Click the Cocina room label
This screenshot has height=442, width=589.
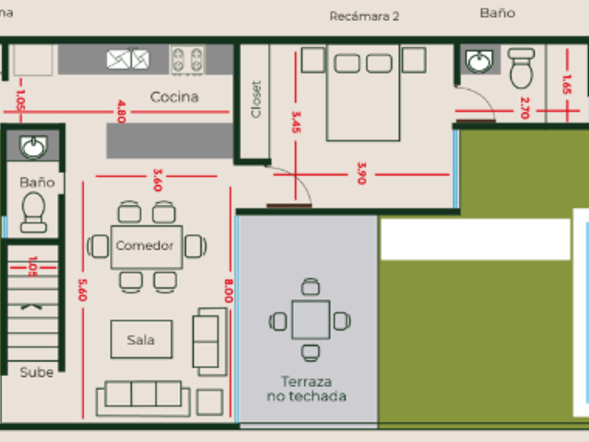[x=175, y=97]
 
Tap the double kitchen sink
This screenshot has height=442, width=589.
[x=128, y=59]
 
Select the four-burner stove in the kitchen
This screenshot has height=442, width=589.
[x=187, y=60]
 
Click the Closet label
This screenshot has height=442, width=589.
[x=256, y=99]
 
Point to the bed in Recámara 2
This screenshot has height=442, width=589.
[x=363, y=91]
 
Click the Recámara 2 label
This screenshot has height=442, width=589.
[x=364, y=16]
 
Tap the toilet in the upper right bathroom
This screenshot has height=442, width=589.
[x=521, y=67]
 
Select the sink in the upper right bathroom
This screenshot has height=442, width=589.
[x=480, y=62]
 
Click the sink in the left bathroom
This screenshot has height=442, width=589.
[x=33, y=147]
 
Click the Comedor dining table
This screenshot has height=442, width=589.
[x=146, y=246]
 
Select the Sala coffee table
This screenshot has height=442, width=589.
[x=141, y=340]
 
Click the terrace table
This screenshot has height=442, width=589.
[x=311, y=320]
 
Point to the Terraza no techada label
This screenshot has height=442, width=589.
[x=306, y=389]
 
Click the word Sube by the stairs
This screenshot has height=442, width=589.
[x=36, y=373]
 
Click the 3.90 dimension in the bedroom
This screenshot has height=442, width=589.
[x=361, y=173]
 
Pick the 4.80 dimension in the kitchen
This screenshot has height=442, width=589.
[x=121, y=111]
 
